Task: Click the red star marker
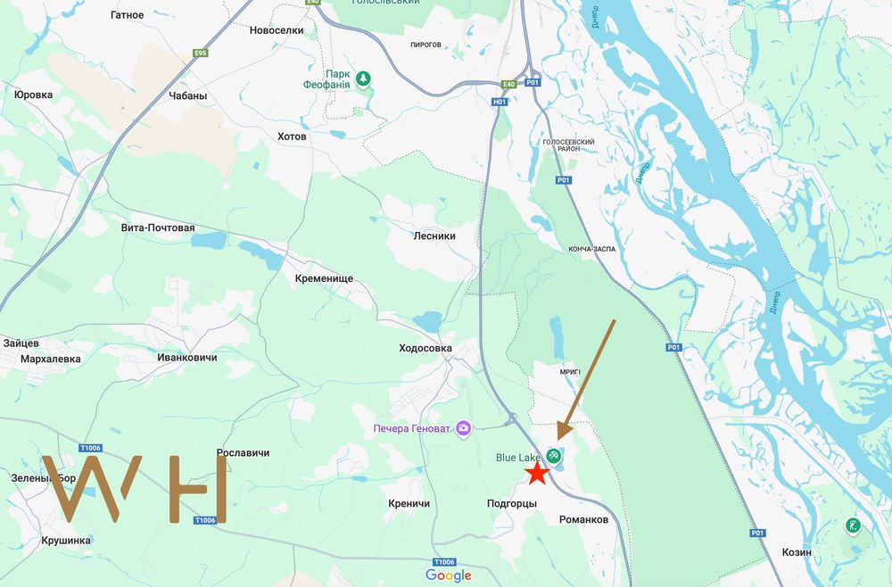click(536, 474)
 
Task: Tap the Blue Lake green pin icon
click(554, 457)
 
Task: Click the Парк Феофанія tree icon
click(363, 79)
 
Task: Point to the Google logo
click(448, 575)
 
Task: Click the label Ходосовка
click(425, 348)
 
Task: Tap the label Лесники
click(434, 236)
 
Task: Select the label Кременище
click(324, 278)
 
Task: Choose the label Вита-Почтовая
click(158, 227)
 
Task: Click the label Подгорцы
click(513, 504)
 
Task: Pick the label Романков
click(583, 519)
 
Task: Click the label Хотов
click(292, 136)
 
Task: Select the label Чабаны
click(187, 96)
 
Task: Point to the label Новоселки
click(277, 29)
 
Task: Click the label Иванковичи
click(186, 357)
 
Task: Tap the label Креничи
click(409, 504)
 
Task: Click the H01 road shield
click(500, 102)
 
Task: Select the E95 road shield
click(201, 53)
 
